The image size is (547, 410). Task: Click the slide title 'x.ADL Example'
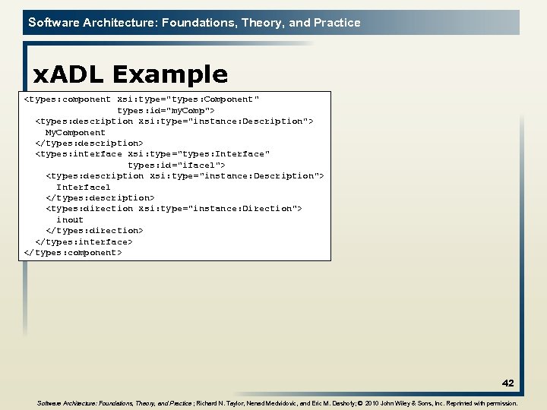tap(130, 74)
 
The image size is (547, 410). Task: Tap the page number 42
tap(507, 383)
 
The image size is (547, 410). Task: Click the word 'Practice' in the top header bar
tap(337, 23)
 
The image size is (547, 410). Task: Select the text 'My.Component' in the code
tap(75, 132)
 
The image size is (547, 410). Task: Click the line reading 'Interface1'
tap(84, 187)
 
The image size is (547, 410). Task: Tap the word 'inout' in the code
tap(70, 219)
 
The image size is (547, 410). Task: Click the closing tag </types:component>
tap(73, 252)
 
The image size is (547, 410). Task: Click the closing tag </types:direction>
tap(94, 230)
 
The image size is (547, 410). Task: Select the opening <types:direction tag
tap(89, 208)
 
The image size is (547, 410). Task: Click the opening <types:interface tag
tap(78, 154)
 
